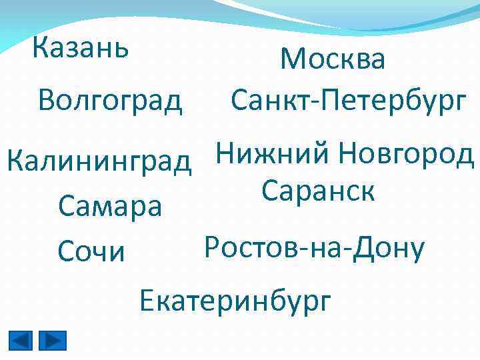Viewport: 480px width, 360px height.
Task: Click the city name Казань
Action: click(x=81, y=47)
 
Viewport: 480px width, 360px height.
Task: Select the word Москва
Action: click(x=333, y=59)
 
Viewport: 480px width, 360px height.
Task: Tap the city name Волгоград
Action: click(x=110, y=100)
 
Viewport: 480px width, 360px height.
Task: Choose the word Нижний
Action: click(x=273, y=155)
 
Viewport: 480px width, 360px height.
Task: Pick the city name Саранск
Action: click(x=319, y=191)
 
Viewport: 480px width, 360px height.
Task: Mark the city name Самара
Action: click(x=110, y=207)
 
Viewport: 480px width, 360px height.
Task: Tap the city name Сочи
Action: click(x=91, y=251)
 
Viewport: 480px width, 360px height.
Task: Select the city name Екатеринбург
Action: click(x=235, y=301)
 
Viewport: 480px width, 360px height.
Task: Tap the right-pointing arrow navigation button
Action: click(x=53, y=341)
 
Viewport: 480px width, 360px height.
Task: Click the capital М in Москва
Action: click(x=293, y=59)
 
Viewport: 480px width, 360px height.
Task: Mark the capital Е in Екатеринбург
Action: click(x=147, y=301)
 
